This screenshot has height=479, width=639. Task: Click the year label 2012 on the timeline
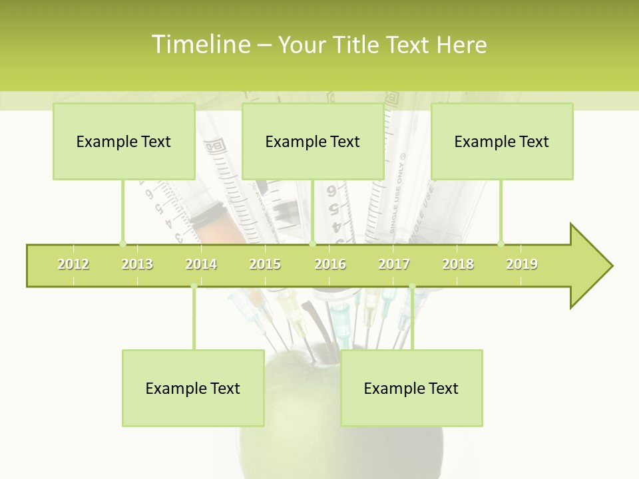[x=73, y=264]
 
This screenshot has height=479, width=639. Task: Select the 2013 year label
[x=137, y=264]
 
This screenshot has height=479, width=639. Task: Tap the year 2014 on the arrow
[x=201, y=264]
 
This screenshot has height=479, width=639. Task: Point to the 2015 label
[x=265, y=264]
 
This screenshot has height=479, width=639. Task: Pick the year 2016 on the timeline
[x=330, y=264]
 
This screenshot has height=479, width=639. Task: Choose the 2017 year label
[x=394, y=264]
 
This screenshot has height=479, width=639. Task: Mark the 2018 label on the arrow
[x=458, y=264]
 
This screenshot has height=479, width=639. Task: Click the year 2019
[x=522, y=264]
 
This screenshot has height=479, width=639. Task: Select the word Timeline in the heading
[x=200, y=45]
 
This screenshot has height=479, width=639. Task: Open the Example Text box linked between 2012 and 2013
[x=124, y=141]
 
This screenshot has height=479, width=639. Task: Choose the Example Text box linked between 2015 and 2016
[x=313, y=141]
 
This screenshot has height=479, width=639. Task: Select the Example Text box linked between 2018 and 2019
[x=502, y=141]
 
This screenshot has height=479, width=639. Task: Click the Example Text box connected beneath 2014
[x=193, y=388]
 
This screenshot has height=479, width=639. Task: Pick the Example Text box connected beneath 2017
[x=411, y=388]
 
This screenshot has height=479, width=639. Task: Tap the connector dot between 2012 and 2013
[x=122, y=243]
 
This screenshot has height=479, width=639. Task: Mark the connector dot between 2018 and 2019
[x=501, y=243]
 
